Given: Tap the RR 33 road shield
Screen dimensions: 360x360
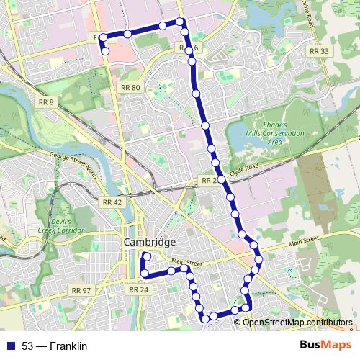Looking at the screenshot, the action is point(318,51).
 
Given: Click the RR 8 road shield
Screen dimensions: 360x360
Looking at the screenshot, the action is point(46,102).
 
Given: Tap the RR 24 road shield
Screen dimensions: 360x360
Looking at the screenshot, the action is point(138,289).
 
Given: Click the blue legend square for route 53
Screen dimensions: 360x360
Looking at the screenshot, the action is point(11,346).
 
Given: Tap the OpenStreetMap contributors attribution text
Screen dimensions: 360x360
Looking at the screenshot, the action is point(297,322).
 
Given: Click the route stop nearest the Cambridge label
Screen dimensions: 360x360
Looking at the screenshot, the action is point(146,256).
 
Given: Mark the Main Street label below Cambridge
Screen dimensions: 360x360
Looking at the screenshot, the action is point(184,263).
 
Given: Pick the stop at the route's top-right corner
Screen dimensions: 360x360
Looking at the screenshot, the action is point(181,22).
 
